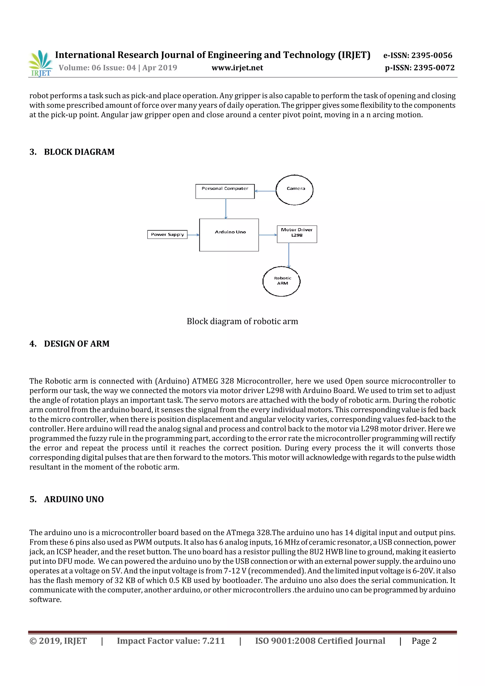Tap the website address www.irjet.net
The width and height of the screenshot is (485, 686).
coord(237,68)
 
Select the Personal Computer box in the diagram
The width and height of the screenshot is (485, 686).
coord(225,192)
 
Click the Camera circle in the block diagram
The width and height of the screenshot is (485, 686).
coord(294,190)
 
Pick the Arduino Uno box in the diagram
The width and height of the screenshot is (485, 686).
coord(229,235)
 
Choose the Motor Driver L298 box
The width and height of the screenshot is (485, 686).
coord(297,234)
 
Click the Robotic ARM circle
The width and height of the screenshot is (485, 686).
coord(281,281)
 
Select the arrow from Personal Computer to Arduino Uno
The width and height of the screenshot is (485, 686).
coord(226,209)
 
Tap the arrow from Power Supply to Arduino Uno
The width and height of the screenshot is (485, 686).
coord(193,235)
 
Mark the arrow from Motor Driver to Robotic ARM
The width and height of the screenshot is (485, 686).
coord(289,255)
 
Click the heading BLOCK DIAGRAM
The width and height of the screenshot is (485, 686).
coord(79,152)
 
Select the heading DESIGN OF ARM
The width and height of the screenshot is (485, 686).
coord(76,344)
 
